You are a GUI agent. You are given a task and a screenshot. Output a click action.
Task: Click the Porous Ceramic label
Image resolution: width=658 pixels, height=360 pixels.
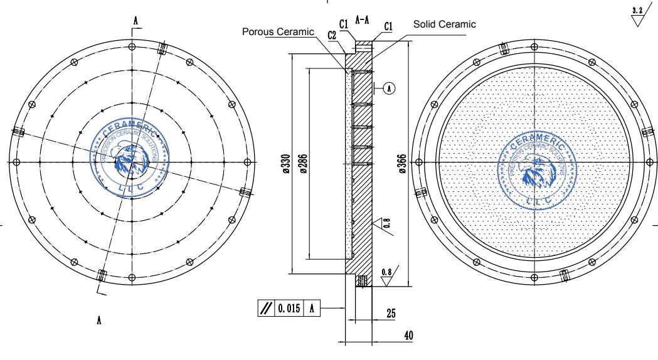tap(278, 32)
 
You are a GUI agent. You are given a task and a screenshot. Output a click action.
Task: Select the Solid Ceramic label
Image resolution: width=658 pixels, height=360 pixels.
tap(444, 24)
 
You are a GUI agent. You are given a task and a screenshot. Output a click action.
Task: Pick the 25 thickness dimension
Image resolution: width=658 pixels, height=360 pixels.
tap(391, 314)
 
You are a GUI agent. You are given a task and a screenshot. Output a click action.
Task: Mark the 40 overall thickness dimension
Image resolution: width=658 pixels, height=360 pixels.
tap(408, 336)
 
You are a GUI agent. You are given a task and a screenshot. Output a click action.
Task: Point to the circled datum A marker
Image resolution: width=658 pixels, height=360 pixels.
tap(389, 88)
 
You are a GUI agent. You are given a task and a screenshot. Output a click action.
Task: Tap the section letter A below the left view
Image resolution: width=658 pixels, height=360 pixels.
tap(99, 320)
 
